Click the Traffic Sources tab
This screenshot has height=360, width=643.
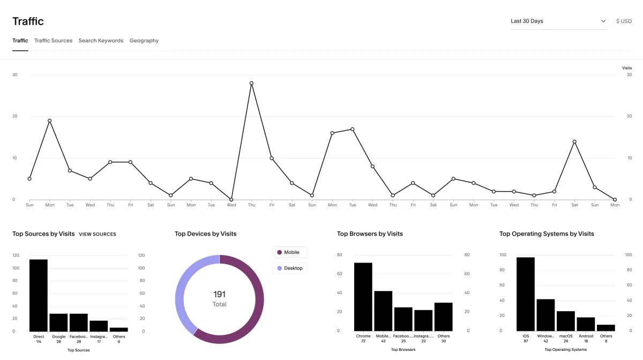tap(53, 41)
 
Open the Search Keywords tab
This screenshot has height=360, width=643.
tap(101, 41)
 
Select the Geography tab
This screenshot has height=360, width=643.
tap(144, 41)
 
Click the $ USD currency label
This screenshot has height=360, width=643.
tap(624, 21)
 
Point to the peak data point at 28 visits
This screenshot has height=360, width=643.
tap(251, 83)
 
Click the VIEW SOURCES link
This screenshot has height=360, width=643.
tap(98, 234)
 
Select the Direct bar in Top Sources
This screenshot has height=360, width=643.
tap(39, 295)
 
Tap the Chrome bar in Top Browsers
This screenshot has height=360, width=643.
tap(363, 297)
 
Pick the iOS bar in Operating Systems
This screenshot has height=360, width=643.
tap(526, 294)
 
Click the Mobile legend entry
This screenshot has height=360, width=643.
tap(290, 252)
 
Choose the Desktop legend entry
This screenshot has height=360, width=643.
tap(290, 268)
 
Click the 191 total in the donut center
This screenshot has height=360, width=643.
tap(220, 294)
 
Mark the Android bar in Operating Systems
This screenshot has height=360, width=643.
tap(586, 324)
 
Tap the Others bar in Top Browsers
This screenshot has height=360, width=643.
tap(444, 317)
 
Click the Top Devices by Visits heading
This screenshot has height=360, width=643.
tap(205, 234)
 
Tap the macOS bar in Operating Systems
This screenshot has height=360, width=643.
tap(565, 321)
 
